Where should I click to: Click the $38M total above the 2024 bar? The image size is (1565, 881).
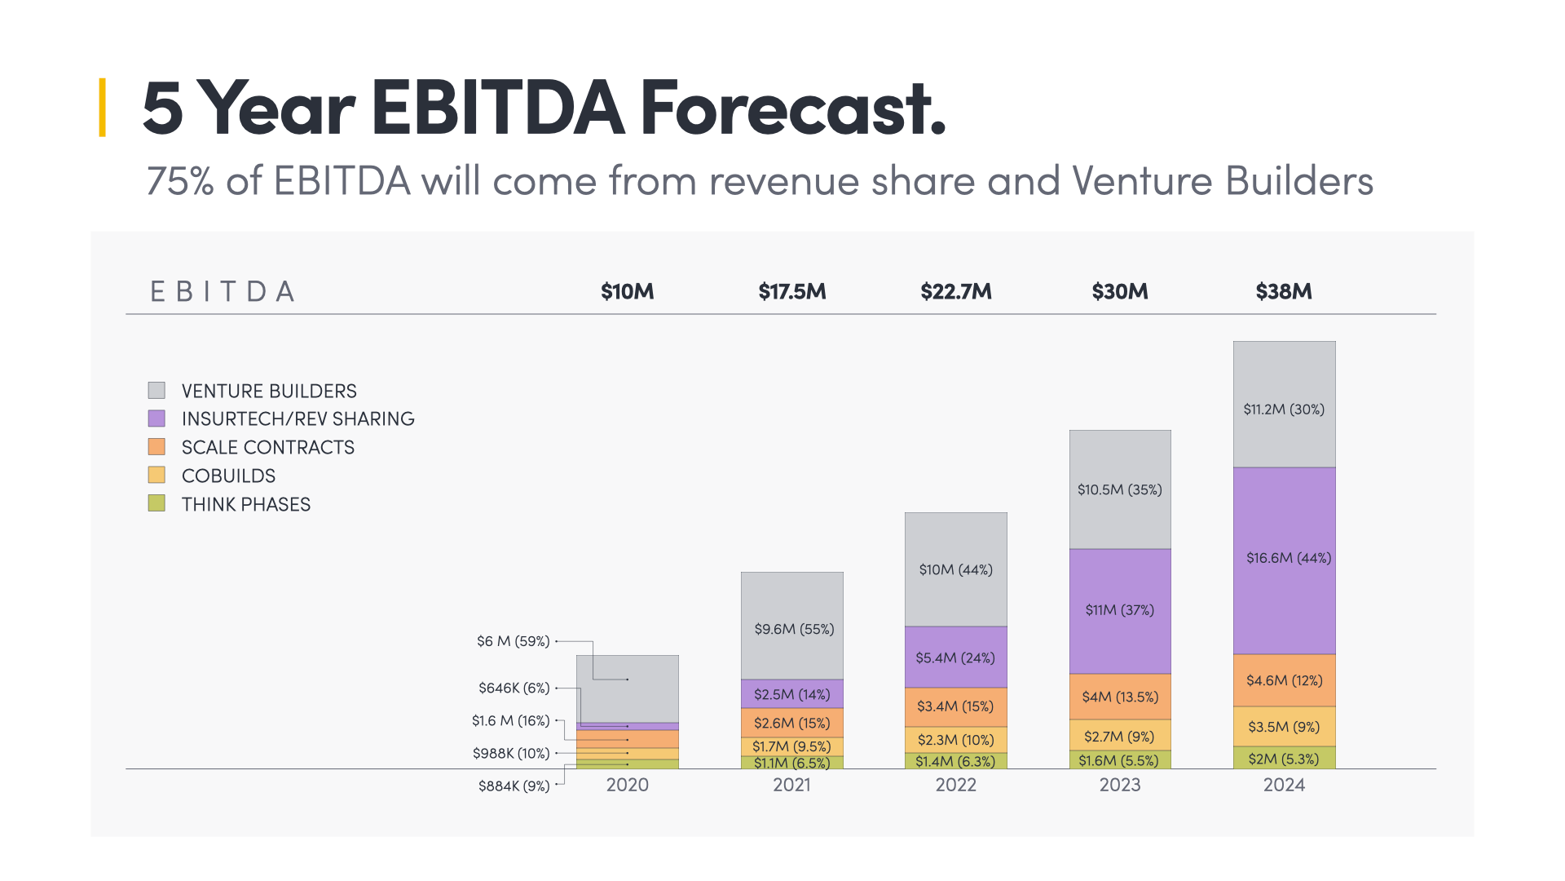[1283, 291]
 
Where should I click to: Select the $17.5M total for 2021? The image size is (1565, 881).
[791, 291]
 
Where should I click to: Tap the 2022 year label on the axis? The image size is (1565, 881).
[955, 785]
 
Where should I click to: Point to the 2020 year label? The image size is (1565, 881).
[627, 785]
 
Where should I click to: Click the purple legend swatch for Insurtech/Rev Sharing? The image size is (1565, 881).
[156, 418]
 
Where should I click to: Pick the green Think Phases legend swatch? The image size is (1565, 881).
[156, 503]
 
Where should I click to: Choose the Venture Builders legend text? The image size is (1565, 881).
[269, 391]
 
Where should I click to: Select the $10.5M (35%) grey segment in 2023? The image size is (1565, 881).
[1119, 489]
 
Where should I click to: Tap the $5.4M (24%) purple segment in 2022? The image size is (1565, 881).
[955, 657]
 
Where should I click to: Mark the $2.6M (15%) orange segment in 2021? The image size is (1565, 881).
[791, 723]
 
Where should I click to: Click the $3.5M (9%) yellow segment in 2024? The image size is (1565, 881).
[1284, 727]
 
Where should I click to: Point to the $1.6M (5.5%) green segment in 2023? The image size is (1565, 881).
[1119, 760]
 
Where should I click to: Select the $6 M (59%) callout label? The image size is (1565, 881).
[513, 641]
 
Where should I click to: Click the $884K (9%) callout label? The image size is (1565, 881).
[514, 786]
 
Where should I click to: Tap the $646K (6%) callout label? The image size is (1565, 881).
[514, 688]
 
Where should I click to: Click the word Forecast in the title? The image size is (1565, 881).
[792, 108]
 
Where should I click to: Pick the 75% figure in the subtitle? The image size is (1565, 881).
[180, 181]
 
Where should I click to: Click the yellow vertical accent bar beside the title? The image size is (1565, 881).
[102, 107]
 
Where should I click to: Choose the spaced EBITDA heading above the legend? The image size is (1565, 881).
[222, 291]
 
